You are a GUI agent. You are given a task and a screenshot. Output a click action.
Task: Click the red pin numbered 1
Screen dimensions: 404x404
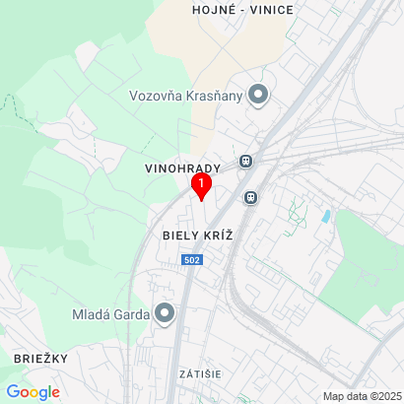click(201, 184)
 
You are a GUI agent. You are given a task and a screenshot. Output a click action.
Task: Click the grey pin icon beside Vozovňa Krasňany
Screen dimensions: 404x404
click(259, 95)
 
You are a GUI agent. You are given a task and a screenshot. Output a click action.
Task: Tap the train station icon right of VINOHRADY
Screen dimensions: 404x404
click(244, 161)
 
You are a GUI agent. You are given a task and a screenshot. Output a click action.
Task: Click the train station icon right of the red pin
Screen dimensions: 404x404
click(251, 196)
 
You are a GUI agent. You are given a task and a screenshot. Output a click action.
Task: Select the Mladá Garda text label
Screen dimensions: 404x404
click(109, 314)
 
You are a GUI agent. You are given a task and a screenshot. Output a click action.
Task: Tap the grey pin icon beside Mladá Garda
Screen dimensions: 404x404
click(165, 314)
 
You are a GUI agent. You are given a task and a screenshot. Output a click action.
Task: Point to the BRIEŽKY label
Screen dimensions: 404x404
click(40, 358)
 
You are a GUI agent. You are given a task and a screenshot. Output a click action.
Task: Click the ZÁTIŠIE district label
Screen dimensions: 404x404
click(200, 375)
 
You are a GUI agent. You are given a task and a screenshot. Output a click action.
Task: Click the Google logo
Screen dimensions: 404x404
click(34, 392)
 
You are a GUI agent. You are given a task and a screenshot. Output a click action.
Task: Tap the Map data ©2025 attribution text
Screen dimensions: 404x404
click(363, 396)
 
